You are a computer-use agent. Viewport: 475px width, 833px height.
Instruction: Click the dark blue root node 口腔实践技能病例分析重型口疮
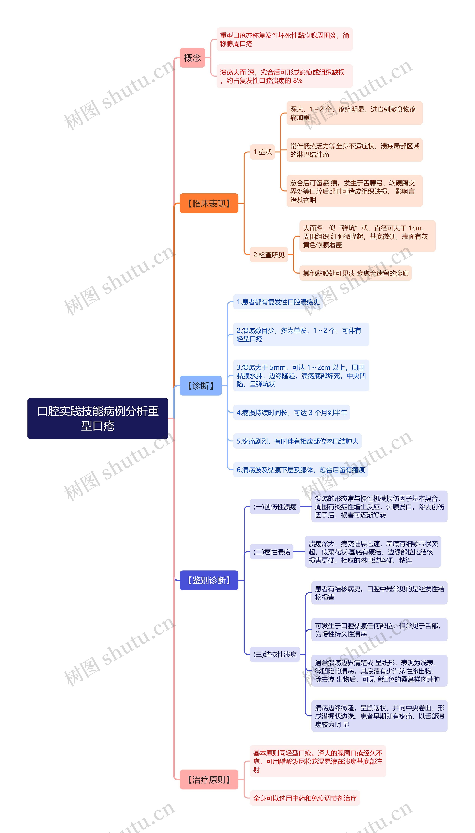click(98, 418)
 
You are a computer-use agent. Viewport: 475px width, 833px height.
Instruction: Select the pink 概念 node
click(192, 58)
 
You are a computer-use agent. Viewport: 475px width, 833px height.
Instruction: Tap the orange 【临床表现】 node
click(209, 203)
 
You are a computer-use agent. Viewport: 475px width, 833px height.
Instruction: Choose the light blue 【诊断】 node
click(201, 386)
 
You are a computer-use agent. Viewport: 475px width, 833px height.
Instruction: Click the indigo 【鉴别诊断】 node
click(209, 580)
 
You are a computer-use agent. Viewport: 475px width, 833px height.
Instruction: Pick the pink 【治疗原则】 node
click(209, 780)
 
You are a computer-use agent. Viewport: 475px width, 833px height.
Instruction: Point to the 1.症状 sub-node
click(262, 152)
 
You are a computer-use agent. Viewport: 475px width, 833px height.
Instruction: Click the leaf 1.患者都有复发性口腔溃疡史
click(278, 302)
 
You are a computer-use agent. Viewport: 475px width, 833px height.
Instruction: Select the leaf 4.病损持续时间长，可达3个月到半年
click(291, 413)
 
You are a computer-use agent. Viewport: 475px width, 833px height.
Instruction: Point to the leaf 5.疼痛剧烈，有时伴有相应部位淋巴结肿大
click(297, 441)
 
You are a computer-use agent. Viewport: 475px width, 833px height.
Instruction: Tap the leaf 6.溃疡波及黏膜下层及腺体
click(300, 470)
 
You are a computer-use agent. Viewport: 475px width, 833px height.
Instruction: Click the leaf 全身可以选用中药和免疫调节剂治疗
click(305, 798)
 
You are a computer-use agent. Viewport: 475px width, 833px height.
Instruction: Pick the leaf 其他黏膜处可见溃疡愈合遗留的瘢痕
click(355, 273)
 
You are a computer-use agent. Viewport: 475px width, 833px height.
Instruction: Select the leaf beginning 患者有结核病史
click(379, 593)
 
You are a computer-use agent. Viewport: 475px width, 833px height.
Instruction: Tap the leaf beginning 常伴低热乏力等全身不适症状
click(354, 150)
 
